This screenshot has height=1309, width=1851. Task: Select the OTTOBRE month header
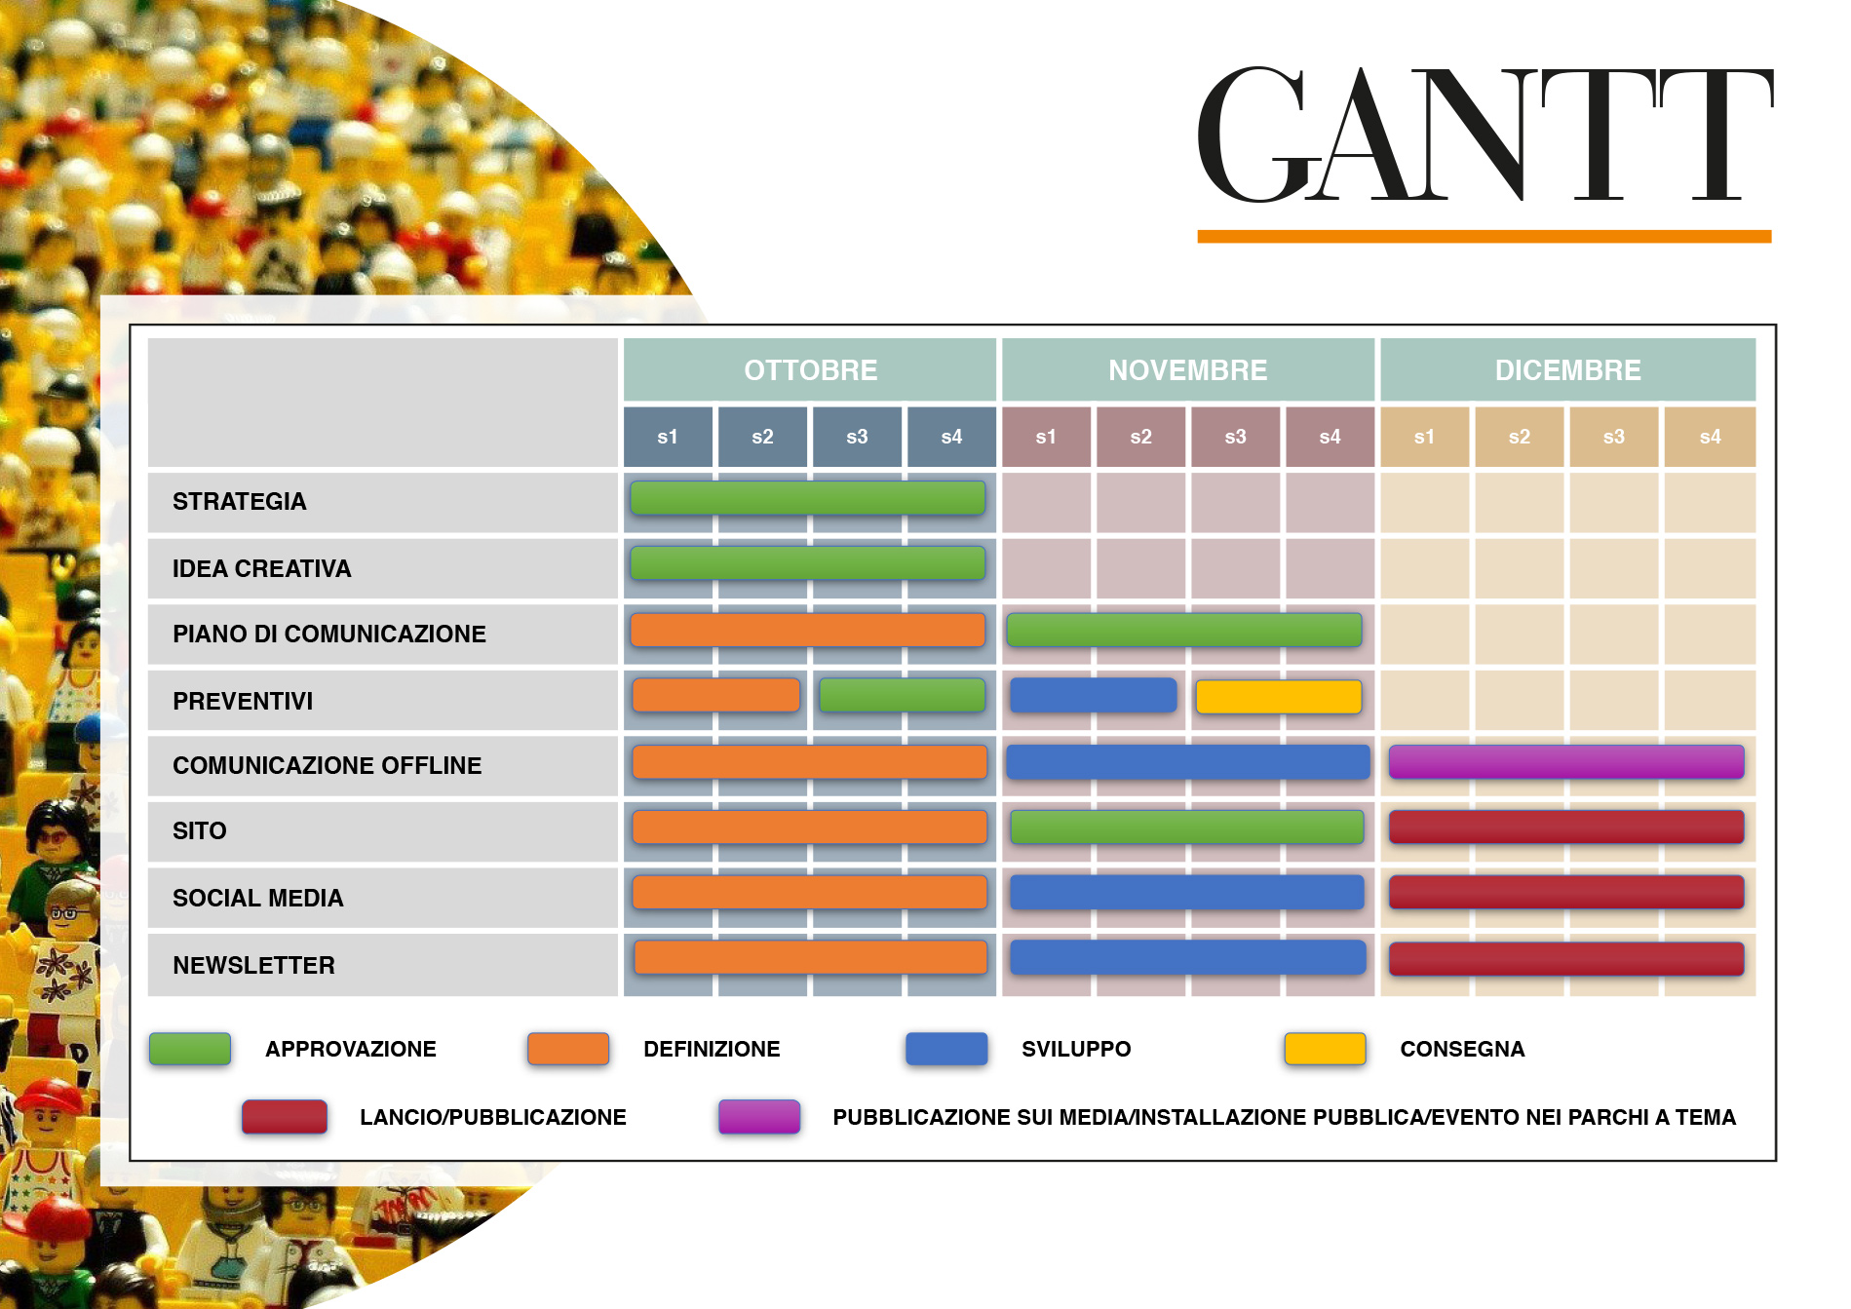tap(810, 370)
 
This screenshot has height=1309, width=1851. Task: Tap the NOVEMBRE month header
tap(1187, 370)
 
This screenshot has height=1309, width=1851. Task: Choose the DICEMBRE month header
tap(1567, 370)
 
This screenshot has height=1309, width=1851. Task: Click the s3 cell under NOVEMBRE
tap(1235, 437)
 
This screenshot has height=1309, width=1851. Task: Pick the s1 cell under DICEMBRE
tap(1424, 437)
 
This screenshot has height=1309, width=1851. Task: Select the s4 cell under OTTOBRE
tap(951, 437)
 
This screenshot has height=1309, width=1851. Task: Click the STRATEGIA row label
tap(240, 502)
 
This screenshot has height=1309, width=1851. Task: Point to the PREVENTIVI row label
tap(243, 701)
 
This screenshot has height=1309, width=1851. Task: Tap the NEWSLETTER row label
tap(253, 965)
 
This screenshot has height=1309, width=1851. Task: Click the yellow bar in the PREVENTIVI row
tap(1278, 697)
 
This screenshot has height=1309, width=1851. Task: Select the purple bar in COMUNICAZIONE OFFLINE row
tap(1565, 762)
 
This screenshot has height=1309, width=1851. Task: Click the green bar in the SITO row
tap(1186, 828)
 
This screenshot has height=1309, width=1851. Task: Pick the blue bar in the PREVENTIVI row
tap(1093, 696)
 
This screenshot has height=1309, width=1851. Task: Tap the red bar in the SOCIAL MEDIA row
tap(1565, 893)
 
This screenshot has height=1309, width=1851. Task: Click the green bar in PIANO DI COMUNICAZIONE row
tap(1183, 631)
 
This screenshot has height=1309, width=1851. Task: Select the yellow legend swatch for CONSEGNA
tap(1325, 1049)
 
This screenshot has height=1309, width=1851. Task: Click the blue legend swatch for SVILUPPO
tap(945, 1049)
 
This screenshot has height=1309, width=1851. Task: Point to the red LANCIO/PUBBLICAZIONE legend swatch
tap(285, 1117)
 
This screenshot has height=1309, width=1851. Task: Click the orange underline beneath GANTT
tap(1484, 236)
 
